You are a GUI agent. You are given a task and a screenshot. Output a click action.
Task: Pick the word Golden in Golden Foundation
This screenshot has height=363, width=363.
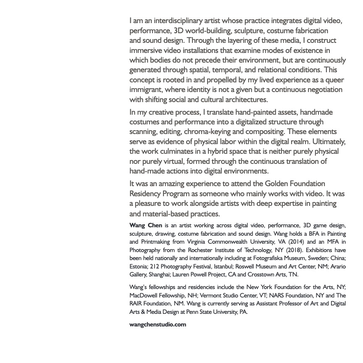pos(277,184)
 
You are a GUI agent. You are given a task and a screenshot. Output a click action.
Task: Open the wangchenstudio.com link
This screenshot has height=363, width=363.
pos(158,324)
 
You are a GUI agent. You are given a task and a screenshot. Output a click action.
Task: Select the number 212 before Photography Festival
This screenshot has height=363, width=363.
pos(154,266)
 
